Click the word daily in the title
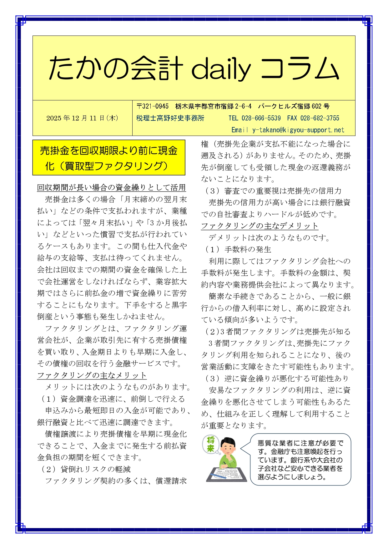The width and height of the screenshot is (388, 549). [x=221, y=69]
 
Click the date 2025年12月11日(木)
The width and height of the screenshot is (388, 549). [x=82, y=118]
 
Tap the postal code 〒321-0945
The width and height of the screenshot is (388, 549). [x=153, y=106]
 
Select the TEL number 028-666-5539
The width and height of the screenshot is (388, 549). [x=261, y=118]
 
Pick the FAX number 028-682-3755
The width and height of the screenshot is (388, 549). [x=320, y=118]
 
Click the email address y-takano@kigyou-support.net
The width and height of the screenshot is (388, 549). [x=298, y=130]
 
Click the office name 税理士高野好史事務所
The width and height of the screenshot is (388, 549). [x=170, y=118]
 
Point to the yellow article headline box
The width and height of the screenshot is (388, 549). [x=109, y=158]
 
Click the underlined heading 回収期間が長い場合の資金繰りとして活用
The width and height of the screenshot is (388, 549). [x=111, y=188]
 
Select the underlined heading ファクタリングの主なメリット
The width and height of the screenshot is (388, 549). [x=92, y=375]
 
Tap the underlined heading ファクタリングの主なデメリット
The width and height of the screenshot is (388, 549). [x=260, y=226]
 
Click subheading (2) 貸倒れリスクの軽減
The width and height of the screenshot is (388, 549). [x=86, y=469]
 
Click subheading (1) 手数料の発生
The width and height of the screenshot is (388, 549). [x=238, y=249]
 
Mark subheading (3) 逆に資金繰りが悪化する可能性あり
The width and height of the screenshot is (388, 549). [x=277, y=379]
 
